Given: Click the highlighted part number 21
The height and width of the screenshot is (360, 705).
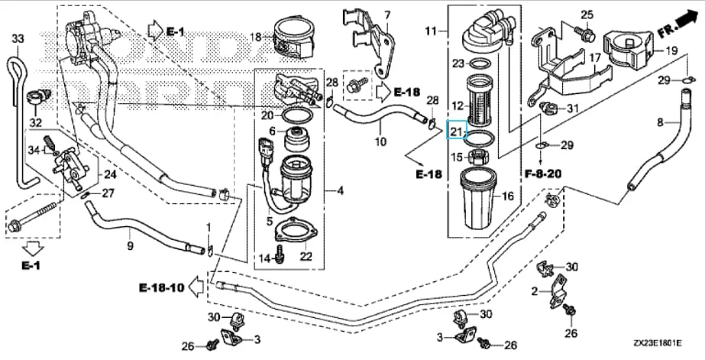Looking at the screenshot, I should (x=456, y=131).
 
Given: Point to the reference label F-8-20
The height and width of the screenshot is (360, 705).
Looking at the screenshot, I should (x=542, y=174).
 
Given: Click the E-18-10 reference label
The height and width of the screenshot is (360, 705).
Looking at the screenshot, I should (x=161, y=288).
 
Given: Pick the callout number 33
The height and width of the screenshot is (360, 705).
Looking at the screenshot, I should (x=18, y=38).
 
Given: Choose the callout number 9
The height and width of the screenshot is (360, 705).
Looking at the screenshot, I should (x=130, y=245).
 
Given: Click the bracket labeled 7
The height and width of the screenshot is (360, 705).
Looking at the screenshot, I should (x=375, y=44).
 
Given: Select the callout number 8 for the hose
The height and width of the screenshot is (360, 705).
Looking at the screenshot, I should (x=660, y=122).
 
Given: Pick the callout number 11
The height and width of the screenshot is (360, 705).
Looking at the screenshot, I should (x=432, y=31).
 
